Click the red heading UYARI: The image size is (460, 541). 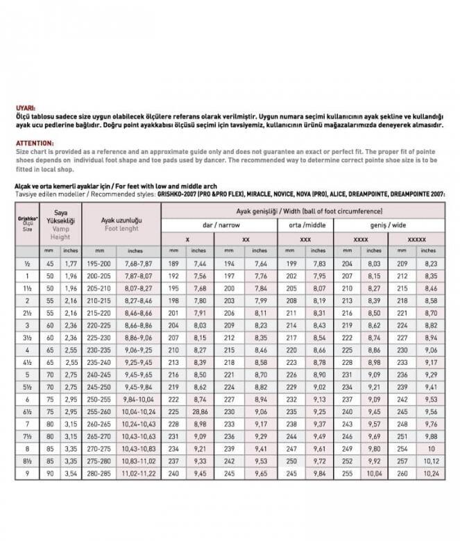coord(25,108)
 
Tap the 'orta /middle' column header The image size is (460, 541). coord(305,225)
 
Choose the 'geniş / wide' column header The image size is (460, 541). coord(389,225)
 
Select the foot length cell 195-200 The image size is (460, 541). coord(99,264)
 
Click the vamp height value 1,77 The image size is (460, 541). coord(70,264)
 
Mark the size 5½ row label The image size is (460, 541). coord(27,386)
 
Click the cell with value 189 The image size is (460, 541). coord(174,264)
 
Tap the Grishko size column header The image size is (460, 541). coord(27,223)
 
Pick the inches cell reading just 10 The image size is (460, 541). coord(429,449)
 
